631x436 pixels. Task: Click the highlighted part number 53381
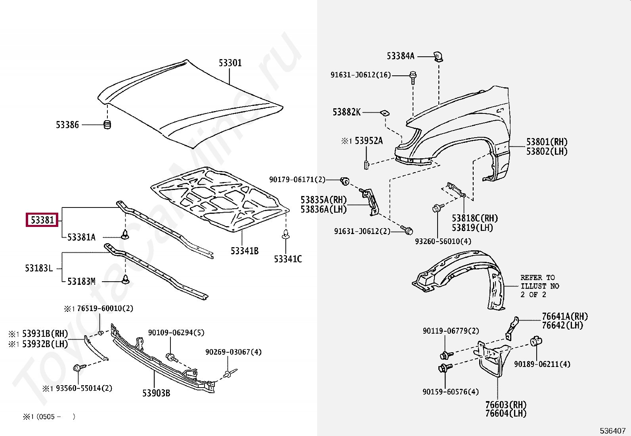42,220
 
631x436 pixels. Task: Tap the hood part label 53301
230,63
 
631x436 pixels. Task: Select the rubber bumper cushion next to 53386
107,124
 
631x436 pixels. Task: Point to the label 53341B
244,251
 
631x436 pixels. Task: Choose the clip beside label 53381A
126,234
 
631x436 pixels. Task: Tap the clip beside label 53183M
126,279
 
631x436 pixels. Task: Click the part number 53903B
156,393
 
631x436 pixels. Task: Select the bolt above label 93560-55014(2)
78,368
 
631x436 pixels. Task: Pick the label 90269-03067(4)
233,352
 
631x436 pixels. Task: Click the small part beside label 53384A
438,57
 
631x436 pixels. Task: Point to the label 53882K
346,112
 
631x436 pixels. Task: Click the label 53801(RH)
547,142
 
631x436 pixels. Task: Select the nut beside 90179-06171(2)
345,182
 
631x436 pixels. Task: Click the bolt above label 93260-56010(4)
437,208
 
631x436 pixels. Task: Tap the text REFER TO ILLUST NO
539,282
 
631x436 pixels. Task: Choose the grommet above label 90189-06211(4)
536,341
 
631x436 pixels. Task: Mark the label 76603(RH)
505,405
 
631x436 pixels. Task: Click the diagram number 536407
612,430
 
